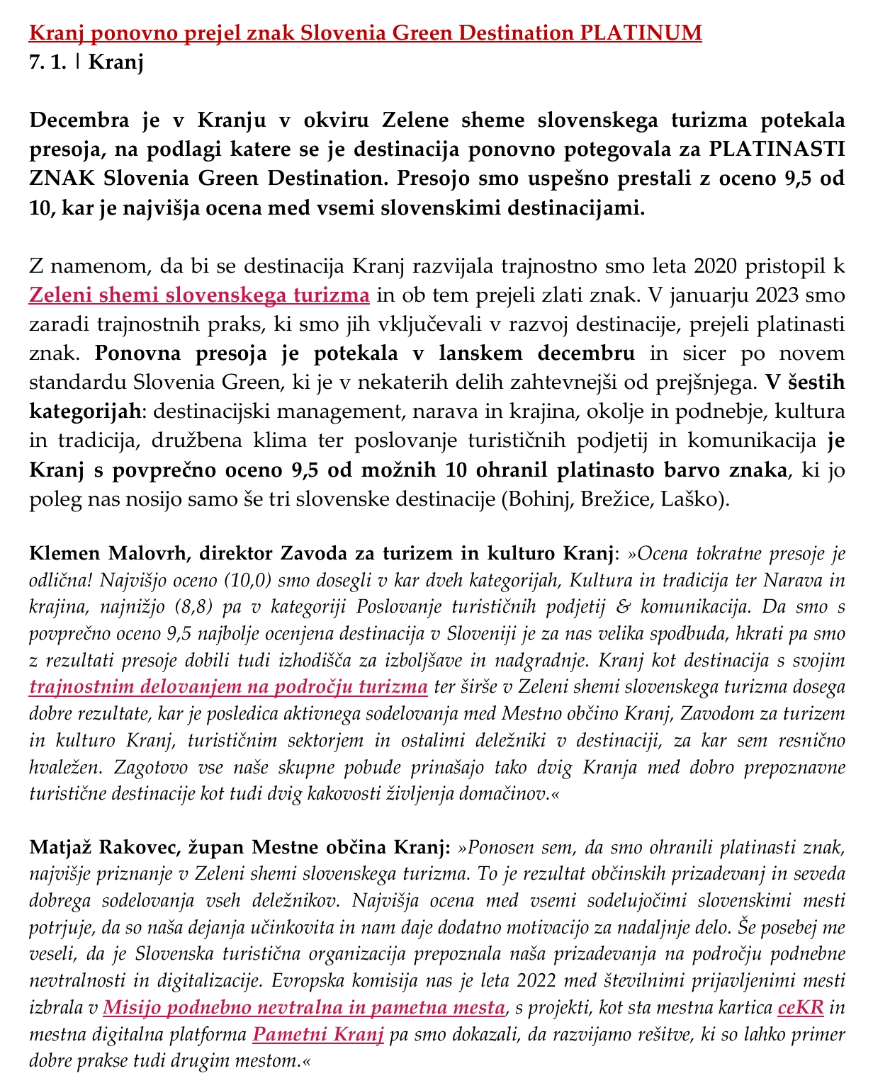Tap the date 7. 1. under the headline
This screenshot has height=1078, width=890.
(x=48, y=62)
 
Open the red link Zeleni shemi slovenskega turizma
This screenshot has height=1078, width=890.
(x=199, y=295)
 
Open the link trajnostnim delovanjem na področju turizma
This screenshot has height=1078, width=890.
(x=229, y=687)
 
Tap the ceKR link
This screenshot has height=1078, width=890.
(x=801, y=1008)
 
